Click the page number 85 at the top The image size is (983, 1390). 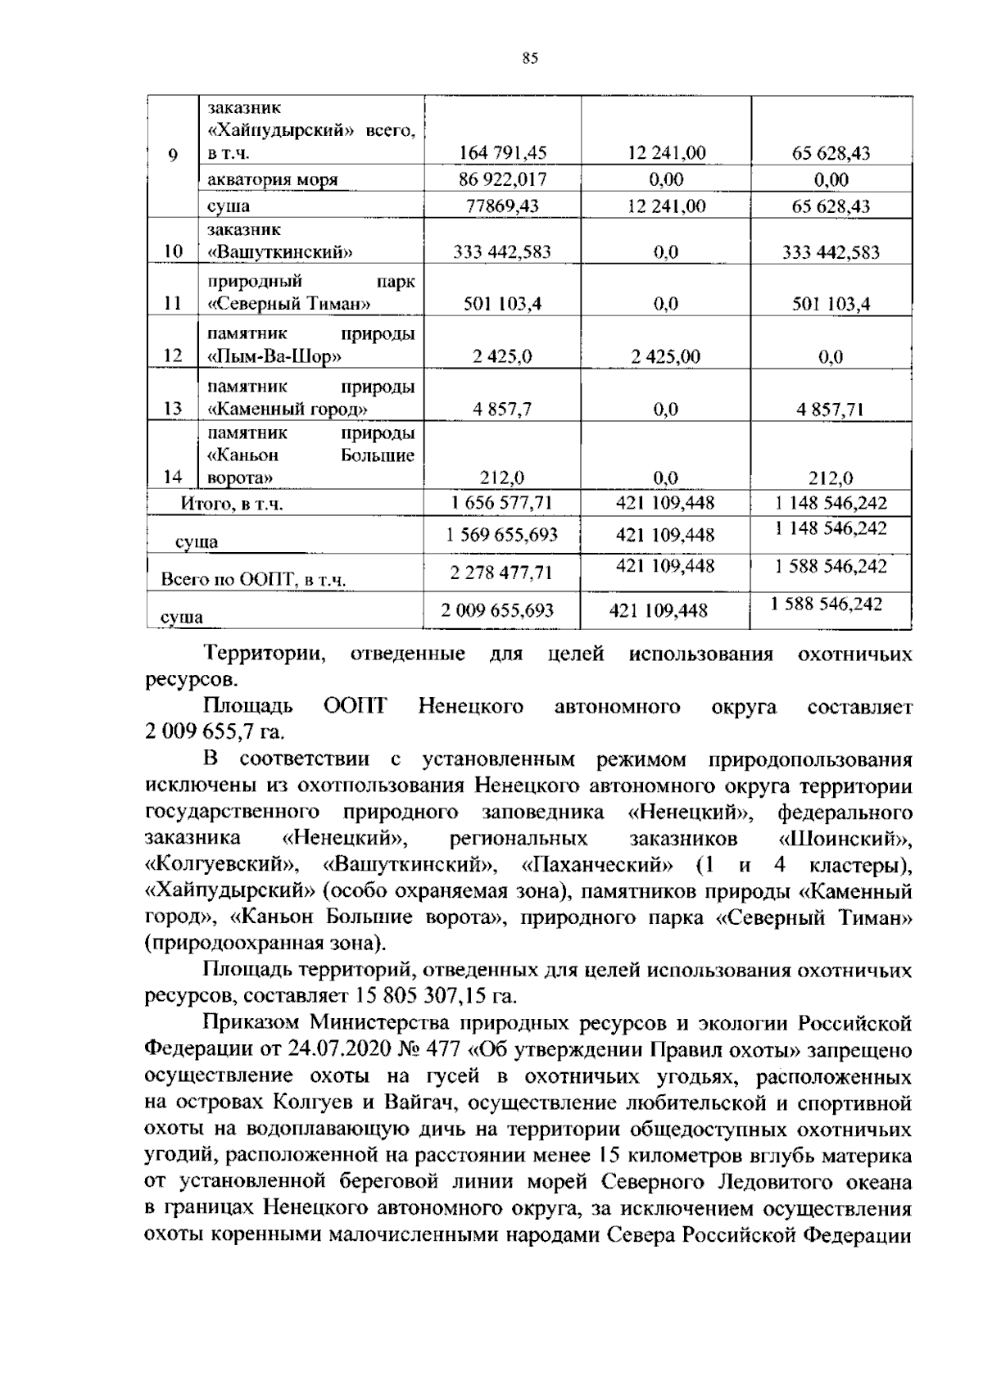click(x=529, y=58)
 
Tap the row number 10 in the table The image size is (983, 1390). click(x=173, y=251)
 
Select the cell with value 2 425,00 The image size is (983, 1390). click(x=666, y=357)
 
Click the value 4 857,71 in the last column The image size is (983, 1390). click(x=831, y=410)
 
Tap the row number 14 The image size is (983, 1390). click(x=173, y=478)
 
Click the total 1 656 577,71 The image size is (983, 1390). click(x=502, y=503)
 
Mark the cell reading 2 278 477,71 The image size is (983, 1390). click(x=502, y=573)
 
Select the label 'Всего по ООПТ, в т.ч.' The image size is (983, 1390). click(x=253, y=581)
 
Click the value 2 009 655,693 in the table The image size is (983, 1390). click(x=497, y=610)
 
